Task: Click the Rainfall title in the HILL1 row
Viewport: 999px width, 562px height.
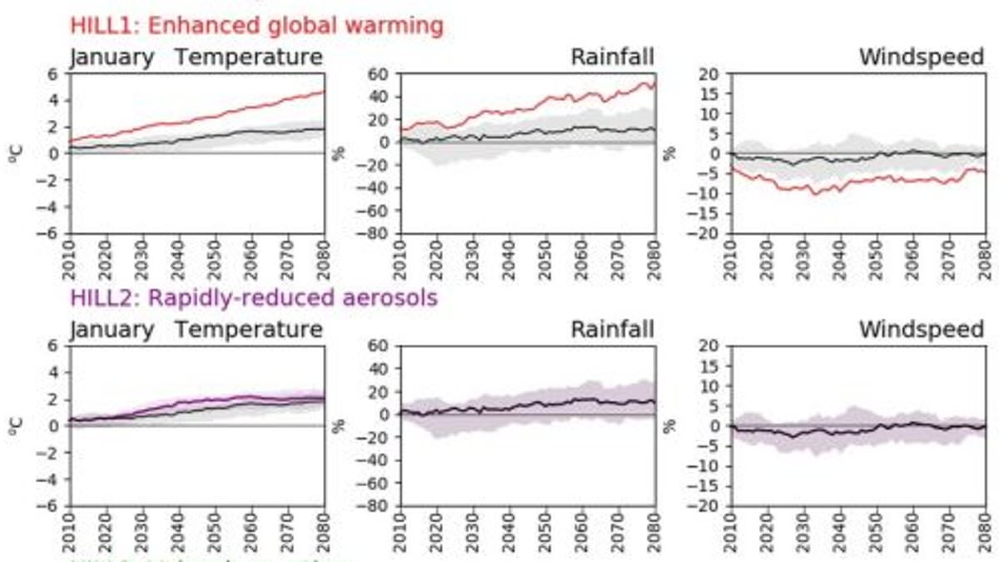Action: (x=612, y=57)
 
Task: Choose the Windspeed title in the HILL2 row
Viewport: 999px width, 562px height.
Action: (x=921, y=330)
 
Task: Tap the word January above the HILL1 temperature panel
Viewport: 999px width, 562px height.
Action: (x=112, y=57)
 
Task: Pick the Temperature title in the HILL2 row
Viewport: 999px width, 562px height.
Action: (x=248, y=330)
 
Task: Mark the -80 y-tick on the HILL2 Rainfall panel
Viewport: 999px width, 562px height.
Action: (x=377, y=505)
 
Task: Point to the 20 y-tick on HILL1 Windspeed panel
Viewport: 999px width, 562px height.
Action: (x=710, y=73)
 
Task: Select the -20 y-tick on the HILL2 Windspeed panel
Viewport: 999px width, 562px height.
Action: (x=706, y=505)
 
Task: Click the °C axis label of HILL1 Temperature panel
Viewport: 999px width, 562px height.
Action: (x=19, y=153)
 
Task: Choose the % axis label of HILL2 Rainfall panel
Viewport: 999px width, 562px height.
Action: (x=340, y=425)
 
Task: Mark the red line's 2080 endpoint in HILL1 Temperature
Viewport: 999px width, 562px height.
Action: (x=323, y=92)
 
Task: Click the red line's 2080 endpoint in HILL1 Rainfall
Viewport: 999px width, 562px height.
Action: (x=654, y=82)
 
